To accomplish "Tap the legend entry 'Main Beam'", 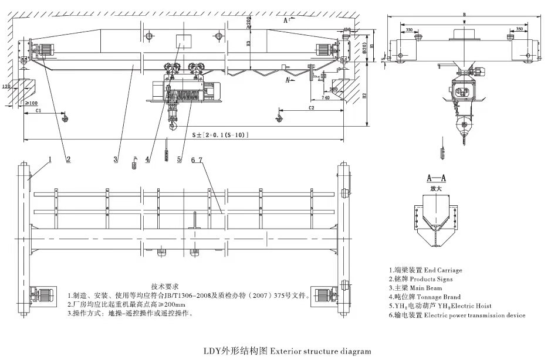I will click(x=418, y=288).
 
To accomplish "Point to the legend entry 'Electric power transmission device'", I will click(x=458, y=315).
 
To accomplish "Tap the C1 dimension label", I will click(x=38, y=109).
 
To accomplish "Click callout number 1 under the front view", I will click(x=51, y=159).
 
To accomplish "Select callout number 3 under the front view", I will click(x=116, y=159).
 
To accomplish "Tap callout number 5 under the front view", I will click(x=180, y=159).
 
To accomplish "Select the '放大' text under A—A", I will click(x=436, y=188).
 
